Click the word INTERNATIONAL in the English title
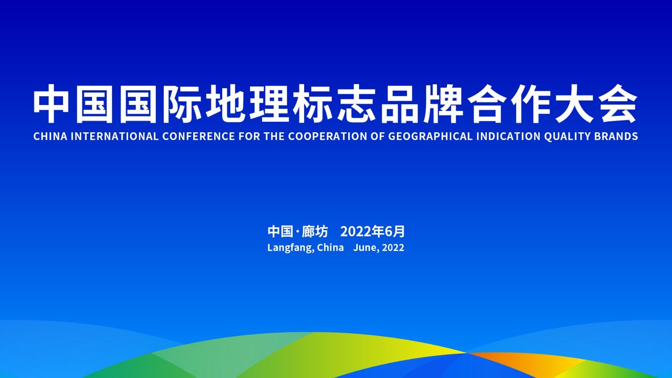point(114,136)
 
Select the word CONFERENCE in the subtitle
point(199,136)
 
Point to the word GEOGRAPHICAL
point(430,136)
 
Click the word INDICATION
point(508,136)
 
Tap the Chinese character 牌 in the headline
point(443,103)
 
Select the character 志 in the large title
point(357,103)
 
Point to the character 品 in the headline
point(399,103)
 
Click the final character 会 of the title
point(616,103)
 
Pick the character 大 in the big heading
point(572,103)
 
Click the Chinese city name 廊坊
point(315,231)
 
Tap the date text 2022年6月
point(373,231)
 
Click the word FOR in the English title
point(249,136)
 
